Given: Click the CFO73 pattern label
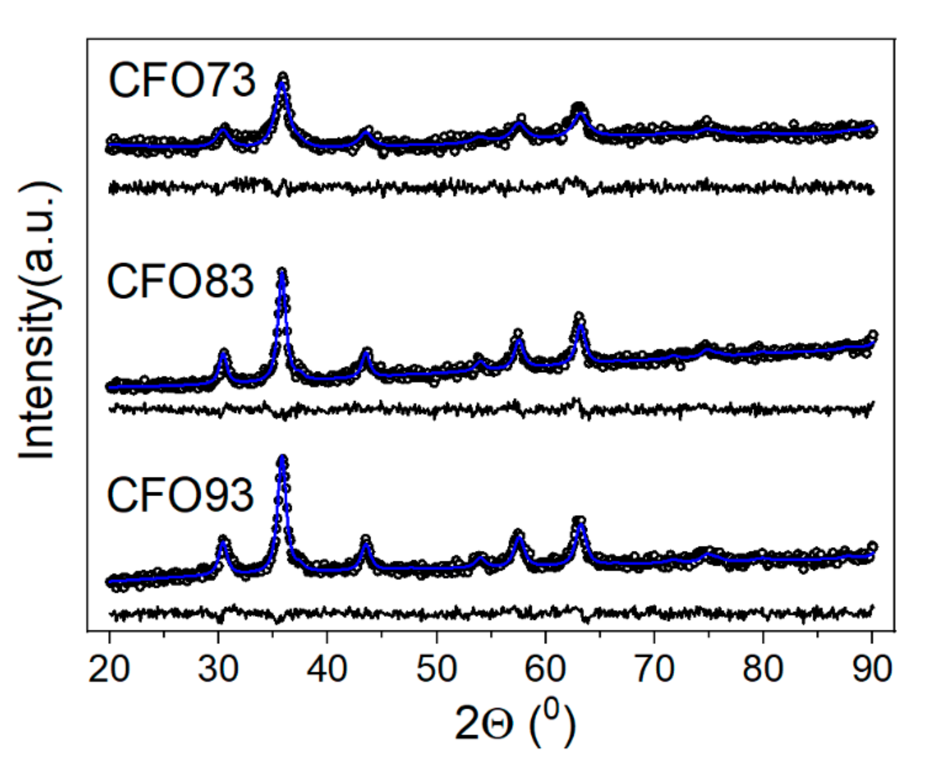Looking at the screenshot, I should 181,80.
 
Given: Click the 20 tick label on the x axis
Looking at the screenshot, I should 109,669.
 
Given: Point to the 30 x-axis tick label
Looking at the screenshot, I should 218,669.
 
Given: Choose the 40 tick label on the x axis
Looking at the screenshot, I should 327,669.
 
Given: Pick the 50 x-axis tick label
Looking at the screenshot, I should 436,669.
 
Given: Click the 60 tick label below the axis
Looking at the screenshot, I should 545,669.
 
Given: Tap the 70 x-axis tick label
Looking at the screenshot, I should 654,669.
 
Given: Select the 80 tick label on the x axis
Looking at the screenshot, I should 763,669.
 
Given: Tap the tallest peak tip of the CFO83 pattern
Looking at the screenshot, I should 282,272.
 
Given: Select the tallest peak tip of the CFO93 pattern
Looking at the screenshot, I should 282,460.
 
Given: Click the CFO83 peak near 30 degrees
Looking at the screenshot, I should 223,353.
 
